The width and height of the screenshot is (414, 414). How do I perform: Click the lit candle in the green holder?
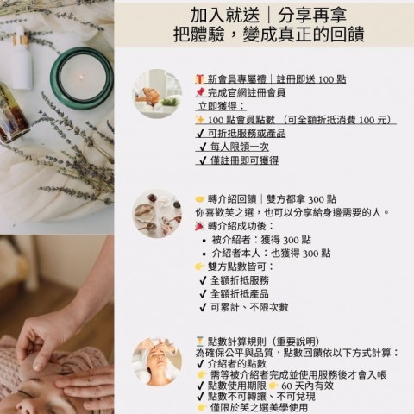coord(82,78)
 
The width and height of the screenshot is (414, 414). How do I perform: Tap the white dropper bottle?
coord(21,58)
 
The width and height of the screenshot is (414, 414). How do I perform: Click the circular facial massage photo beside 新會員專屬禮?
coord(157,94)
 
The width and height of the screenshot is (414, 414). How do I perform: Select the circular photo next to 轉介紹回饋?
coord(157,213)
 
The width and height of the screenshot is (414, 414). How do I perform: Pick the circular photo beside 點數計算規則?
coord(157,362)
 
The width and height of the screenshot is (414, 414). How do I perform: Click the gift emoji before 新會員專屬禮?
coord(200,79)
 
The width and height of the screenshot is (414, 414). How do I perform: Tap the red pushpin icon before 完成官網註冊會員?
coord(200,92)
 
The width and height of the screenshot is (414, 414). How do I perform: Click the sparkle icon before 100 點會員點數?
coord(200,120)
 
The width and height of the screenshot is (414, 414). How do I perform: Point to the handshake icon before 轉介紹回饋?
coord(200,199)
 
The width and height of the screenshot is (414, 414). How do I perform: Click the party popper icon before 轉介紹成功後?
coord(200,226)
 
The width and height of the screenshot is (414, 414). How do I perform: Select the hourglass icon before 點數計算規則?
coord(200,342)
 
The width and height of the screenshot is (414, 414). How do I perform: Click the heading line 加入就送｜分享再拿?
coord(268,15)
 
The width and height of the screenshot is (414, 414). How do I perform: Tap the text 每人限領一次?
coord(240,147)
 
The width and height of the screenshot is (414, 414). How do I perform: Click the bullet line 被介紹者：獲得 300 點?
coord(261,240)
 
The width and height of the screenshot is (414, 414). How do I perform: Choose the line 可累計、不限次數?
coord(249,307)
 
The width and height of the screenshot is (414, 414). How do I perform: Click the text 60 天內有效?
coord(307,386)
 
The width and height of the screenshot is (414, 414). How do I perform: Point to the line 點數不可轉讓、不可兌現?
coord(261,397)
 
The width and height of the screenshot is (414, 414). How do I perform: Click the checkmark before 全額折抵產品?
coord(203,294)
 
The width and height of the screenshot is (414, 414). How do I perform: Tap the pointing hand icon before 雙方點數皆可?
coord(200,267)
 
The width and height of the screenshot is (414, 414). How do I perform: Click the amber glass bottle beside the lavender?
coord(13,114)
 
